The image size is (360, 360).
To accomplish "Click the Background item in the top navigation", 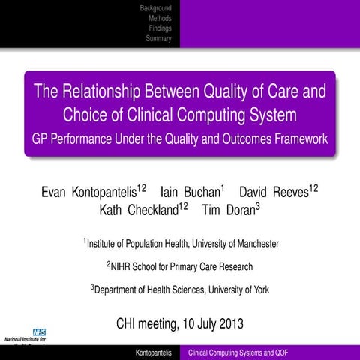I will (155, 7).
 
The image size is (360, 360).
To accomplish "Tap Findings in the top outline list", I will (160, 28).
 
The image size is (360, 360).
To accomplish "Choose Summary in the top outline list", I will (158, 38).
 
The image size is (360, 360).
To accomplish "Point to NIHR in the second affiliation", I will (124, 266).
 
